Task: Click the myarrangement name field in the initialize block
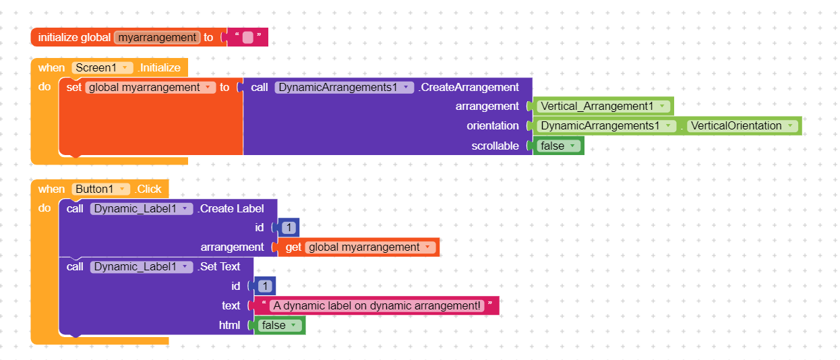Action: coord(157,38)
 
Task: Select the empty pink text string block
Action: coord(247,38)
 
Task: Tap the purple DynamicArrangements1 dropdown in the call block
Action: coord(344,87)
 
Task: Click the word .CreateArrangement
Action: coord(469,87)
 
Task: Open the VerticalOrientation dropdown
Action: coord(742,126)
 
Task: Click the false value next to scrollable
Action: coord(557,146)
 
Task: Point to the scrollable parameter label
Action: coord(495,146)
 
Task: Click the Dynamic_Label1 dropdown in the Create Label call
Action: coord(142,208)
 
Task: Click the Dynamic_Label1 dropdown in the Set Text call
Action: coord(142,266)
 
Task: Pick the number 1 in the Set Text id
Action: coord(266,286)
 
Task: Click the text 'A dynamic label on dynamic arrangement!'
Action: coord(377,305)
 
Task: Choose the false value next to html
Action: coord(278,325)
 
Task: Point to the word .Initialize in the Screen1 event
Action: coord(159,67)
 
